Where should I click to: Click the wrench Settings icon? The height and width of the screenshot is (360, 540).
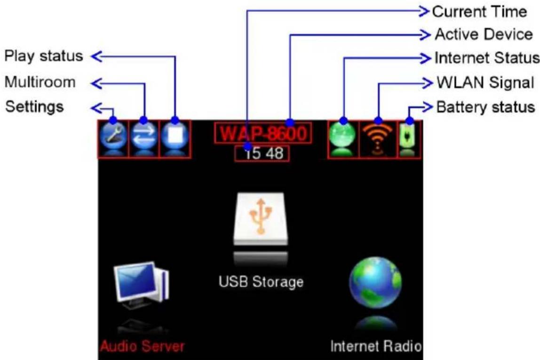113,136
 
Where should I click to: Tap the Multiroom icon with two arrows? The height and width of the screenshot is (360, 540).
144,136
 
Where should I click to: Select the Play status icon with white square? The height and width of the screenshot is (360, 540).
175,136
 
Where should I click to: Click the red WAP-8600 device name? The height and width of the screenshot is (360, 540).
263,133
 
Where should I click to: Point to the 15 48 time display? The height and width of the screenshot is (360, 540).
263,153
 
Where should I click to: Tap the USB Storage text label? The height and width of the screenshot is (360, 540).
261,282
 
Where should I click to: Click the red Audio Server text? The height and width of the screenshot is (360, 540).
142,346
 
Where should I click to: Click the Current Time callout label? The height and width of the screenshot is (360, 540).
479,12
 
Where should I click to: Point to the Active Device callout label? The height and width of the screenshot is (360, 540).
484,34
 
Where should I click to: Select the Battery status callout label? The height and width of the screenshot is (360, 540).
485,107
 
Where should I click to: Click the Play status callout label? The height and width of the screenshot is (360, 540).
44,56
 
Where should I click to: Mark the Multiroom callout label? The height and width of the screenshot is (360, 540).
40,82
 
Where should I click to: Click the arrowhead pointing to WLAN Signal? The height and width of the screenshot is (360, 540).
428,83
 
